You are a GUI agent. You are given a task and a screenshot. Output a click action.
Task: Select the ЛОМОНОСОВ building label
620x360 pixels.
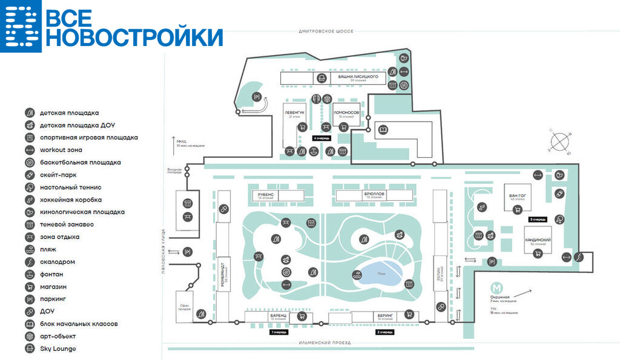pyautogui.click(x=346, y=113)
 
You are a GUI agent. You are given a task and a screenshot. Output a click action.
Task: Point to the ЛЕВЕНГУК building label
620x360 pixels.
pyautogui.click(x=295, y=113)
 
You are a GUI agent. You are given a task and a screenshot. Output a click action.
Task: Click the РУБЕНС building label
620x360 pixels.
pyautogui.click(x=266, y=194)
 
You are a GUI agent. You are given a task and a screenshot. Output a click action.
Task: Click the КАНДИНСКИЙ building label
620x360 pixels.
pyautogui.click(x=538, y=240)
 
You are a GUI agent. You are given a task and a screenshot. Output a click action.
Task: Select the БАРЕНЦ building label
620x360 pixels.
pyautogui.click(x=278, y=315)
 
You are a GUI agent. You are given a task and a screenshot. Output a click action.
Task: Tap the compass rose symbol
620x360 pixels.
pyautogui.click(x=561, y=142)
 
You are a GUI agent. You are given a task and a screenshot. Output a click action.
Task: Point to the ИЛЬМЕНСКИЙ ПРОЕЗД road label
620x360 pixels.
pyautogui.click(x=325, y=343)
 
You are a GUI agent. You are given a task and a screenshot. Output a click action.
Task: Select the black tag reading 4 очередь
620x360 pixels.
pyautogui.click(x=321, y=138)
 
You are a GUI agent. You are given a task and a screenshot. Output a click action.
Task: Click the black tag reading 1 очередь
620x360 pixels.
pyautogui.click(x=279, y=332)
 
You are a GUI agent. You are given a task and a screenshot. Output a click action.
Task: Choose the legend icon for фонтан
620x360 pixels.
pyautogui.click(x=29, y=274)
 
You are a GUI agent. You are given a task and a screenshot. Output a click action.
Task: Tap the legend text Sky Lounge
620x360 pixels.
pyautogui.click(x=58, y=349)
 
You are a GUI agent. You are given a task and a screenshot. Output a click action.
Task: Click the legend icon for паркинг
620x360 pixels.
pyautogui.click(x=29, y=299)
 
